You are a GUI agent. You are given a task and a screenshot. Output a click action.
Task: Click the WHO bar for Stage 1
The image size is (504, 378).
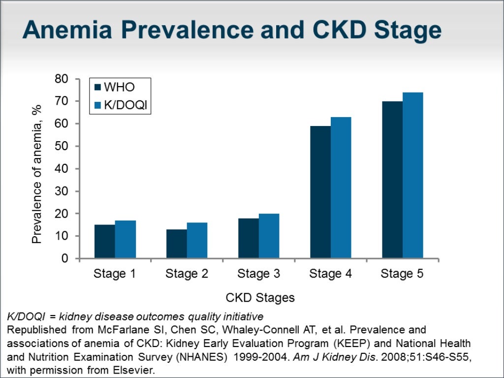pos(105,242)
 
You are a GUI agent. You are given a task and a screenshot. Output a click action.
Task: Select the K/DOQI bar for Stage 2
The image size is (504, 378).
pos(197,241)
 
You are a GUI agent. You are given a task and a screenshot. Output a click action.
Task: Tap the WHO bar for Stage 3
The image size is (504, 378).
pos(249,238)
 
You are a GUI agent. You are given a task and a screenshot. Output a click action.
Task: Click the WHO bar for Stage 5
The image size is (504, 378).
pos(392,180)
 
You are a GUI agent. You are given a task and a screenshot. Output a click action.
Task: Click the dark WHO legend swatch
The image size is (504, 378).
pos(97,88)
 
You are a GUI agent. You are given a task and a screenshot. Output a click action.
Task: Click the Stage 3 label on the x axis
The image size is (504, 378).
pos(258,274)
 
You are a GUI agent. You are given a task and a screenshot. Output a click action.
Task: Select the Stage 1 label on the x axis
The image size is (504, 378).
pos(115,274)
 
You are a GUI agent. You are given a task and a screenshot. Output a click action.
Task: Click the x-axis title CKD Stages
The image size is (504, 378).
pos(260,298)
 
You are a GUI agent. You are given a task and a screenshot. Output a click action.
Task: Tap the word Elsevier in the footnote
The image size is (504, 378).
pos(133,371)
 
